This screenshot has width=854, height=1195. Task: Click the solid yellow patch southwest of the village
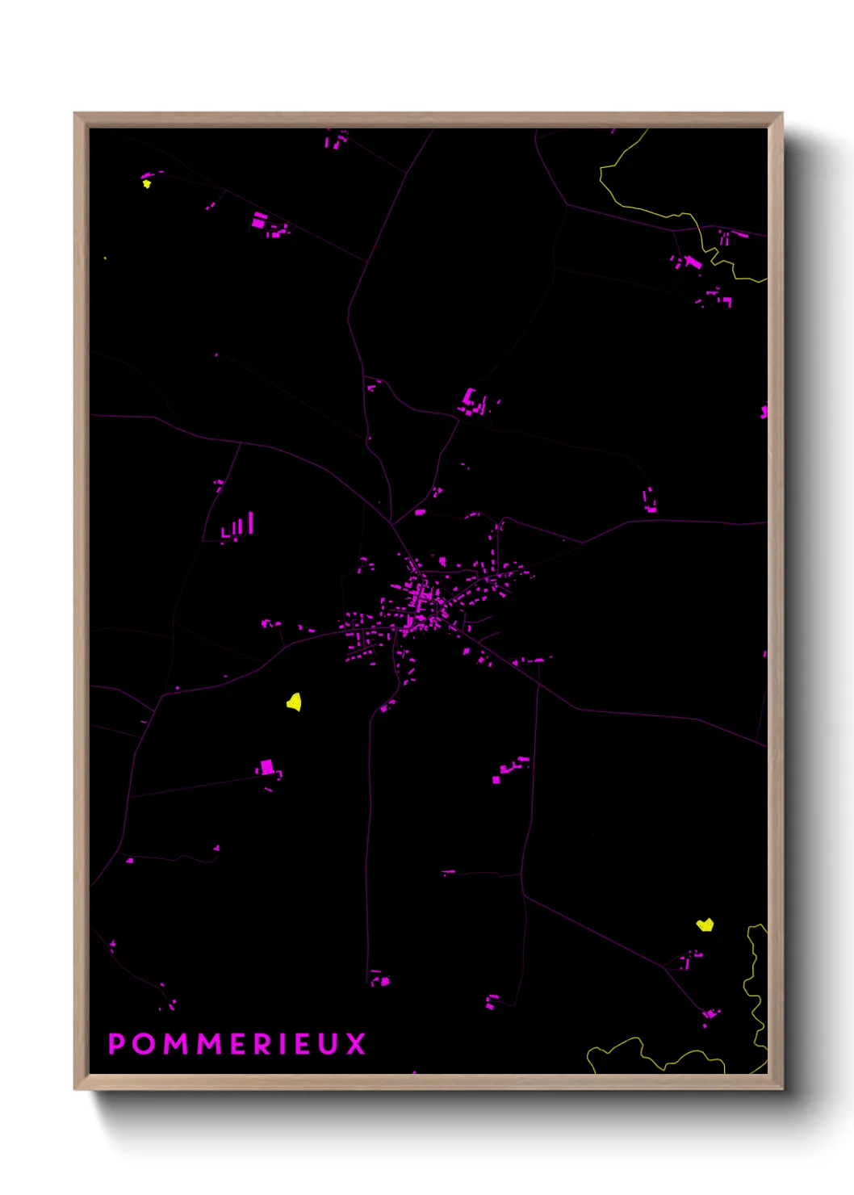(x=295, y=702)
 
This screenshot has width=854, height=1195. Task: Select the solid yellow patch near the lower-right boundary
(x=705, y=925)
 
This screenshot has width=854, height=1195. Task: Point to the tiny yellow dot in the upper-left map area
(x=146, y=184)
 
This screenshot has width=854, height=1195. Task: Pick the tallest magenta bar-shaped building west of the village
(x=251, y=522)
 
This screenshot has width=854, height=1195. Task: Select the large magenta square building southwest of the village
(x=267, y=767)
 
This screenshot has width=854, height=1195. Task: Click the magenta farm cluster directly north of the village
(x=471, y=402)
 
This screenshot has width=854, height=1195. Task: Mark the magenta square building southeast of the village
(x=496, y=779)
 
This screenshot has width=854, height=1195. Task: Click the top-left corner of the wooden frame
(x=75, y=113)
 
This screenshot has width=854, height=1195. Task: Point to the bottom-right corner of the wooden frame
(x=782, y=1089)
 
